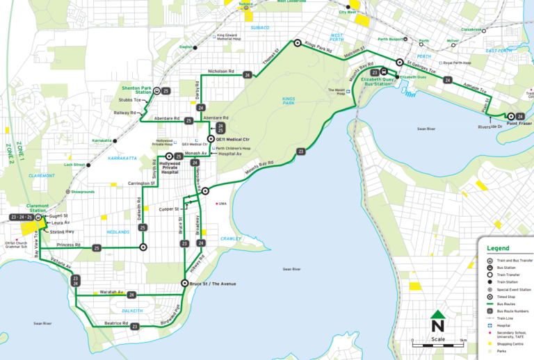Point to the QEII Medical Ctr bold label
232,139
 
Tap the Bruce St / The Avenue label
213,283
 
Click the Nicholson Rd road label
221,72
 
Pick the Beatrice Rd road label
112,323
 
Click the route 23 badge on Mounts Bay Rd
300,152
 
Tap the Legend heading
498,248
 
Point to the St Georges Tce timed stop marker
400,63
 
